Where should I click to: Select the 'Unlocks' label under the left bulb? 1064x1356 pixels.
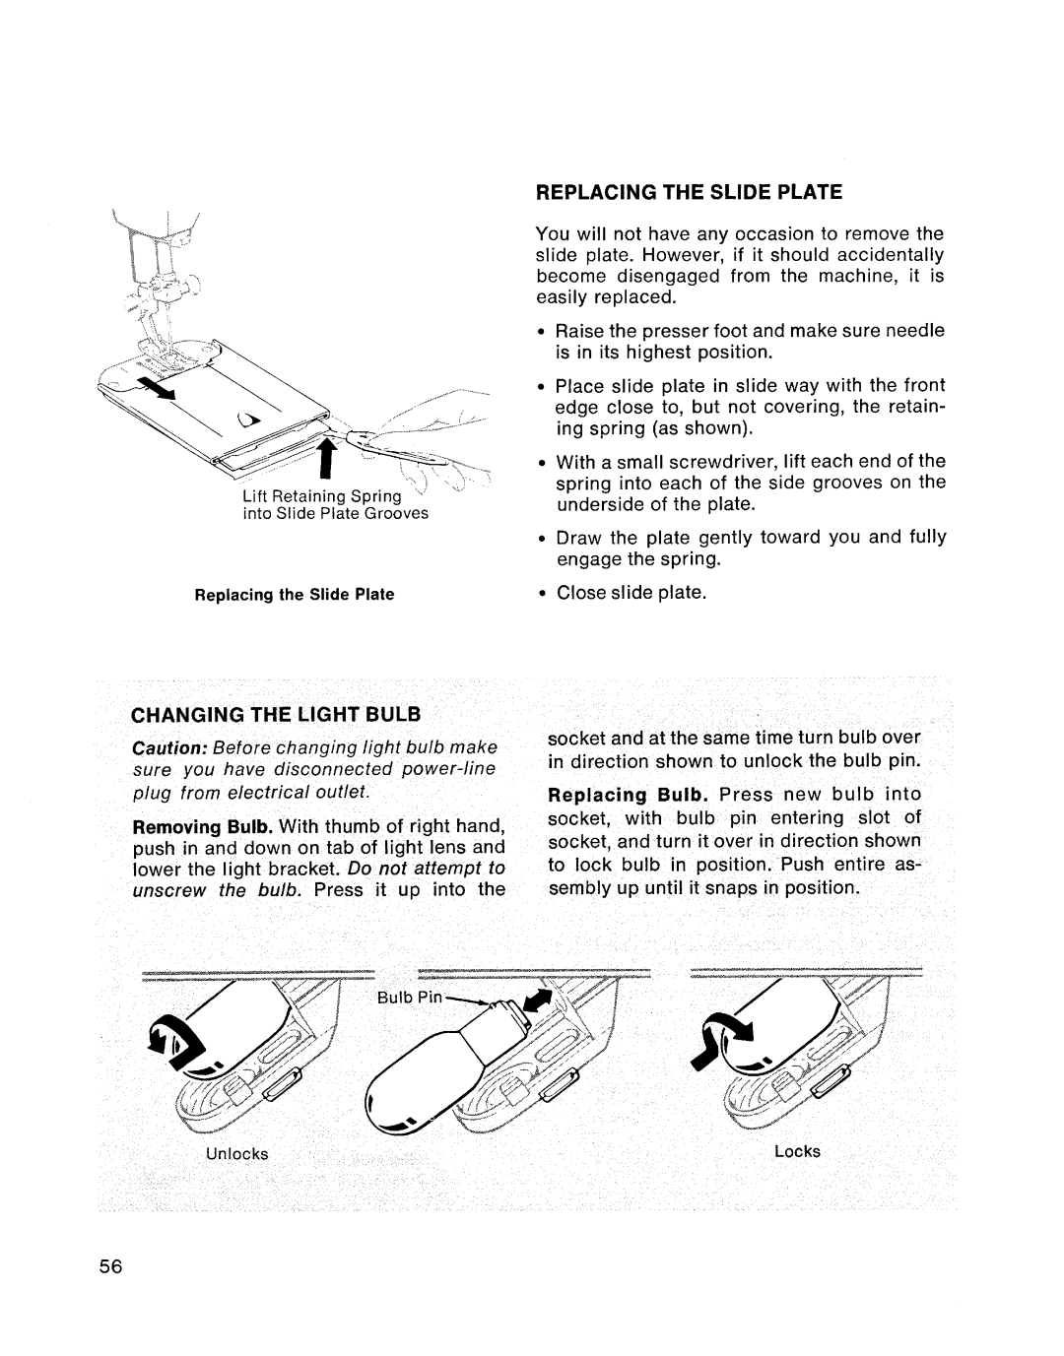(x=236, y=1153)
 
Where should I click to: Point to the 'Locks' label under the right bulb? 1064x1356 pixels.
(x=797, y=1150)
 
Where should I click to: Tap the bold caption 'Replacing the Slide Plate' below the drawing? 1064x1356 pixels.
(x=295, y=594)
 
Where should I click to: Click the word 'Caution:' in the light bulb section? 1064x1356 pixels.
(x=164, y=746)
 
